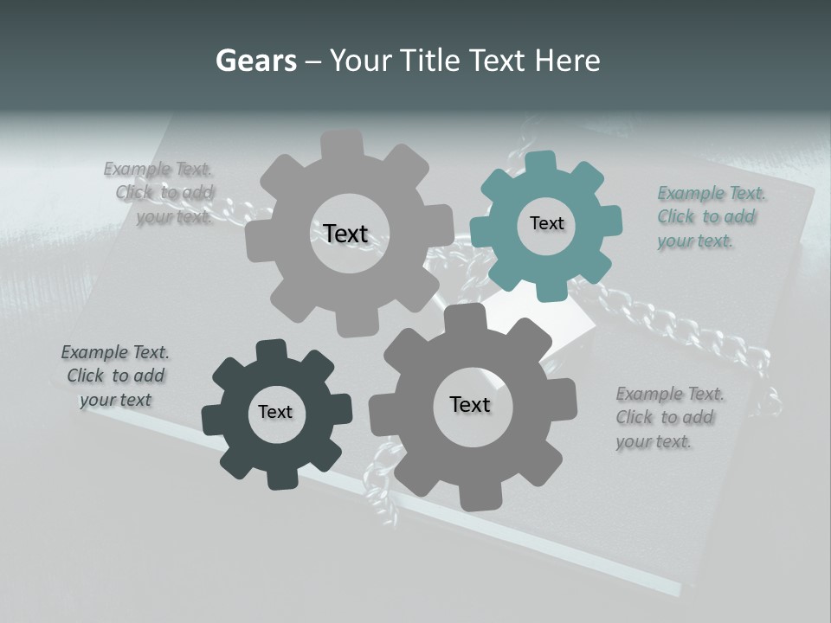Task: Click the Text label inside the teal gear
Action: point(546,223)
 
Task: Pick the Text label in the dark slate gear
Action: point(275,412)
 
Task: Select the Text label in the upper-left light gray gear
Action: point(345,234)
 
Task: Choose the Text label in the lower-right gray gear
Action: point(470,404)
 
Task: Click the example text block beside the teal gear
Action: point(712,217)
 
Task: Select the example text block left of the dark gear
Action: point(115,376)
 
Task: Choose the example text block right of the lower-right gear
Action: point(670,418)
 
